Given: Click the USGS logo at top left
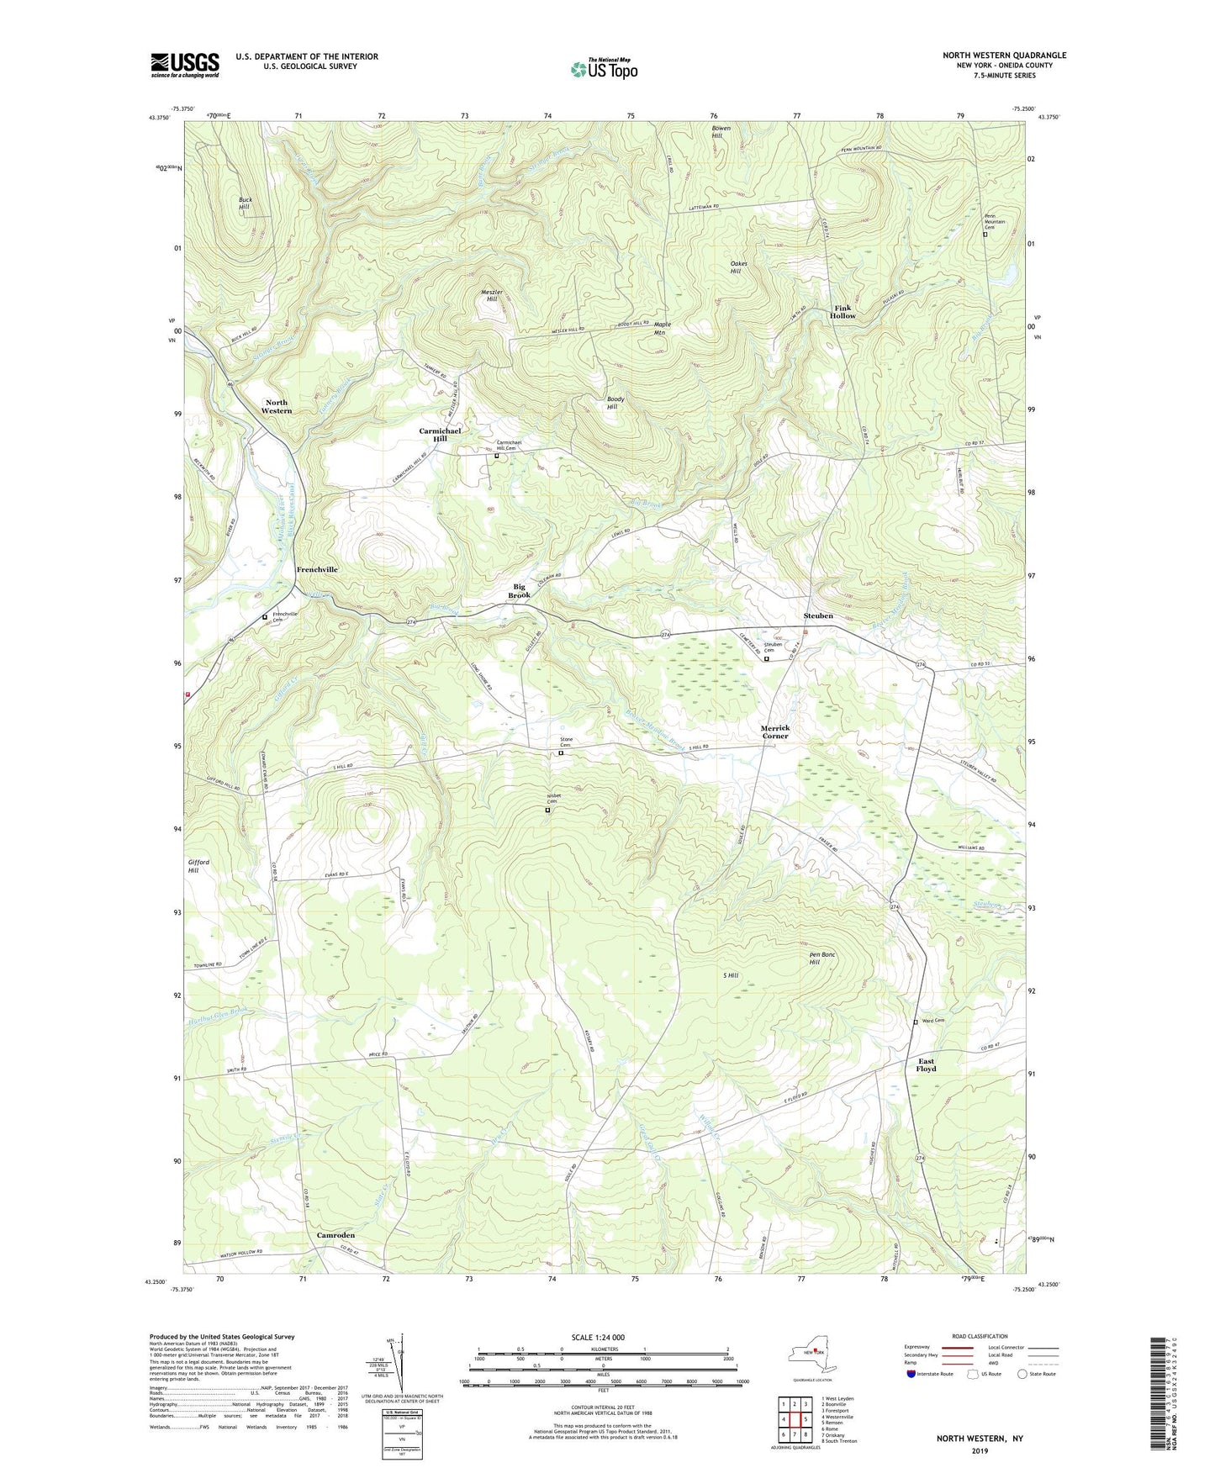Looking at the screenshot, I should [185, 65].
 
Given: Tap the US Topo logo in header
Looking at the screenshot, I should [604, 69].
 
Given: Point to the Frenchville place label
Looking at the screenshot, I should [317, 569].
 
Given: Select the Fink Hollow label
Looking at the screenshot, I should [843, 311].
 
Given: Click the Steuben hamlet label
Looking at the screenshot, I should [817, 615].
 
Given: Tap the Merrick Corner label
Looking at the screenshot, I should [774, 731].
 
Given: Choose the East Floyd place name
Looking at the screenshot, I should [926, 1064].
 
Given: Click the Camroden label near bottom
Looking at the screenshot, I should [335, 1235].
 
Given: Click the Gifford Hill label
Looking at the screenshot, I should [198, 866].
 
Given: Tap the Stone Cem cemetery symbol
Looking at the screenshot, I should [562, 753].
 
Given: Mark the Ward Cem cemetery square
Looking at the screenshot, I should [916, 1022].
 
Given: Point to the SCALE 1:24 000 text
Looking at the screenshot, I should [603, 1337].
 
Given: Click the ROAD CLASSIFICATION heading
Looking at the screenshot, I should [980, 1336].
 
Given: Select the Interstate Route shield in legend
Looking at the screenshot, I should [911, 1375].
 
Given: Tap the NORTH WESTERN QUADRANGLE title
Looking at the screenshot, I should [1004, 55].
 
